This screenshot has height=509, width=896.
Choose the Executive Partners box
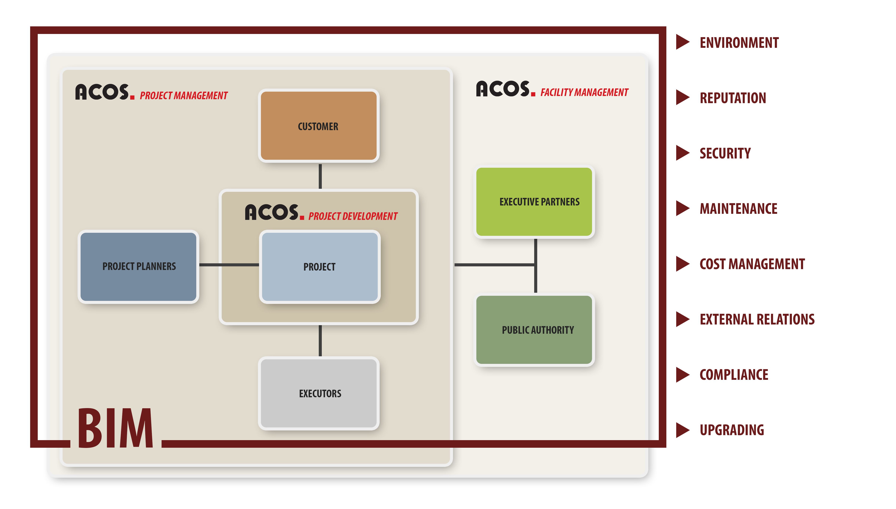pyautogui.click(x=534, y=202)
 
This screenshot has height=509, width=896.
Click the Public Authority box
pyautogui.click(x=534, y=330)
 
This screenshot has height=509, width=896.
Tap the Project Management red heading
pyautogui.click(x=184, y=95)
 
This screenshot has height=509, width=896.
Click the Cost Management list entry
pyautogui.click(x=752, y=264)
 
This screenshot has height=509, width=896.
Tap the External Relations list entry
pyautogui.click(x=757, y=319)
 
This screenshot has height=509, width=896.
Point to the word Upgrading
pyautogui.click(x=732, y=430)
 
